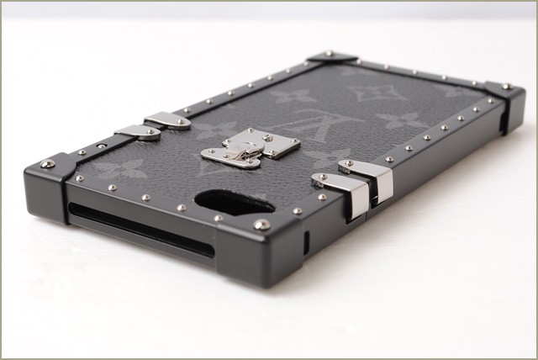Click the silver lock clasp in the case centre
pos(251,148)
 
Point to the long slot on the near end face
pos(141,229)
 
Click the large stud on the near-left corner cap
pos(47,164)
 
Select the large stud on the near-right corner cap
pos(261,225)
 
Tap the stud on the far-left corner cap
pos(329,53)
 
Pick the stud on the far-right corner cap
pos(506,87)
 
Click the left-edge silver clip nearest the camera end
pos(138,132)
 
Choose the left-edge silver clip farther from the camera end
pos(168,122)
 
